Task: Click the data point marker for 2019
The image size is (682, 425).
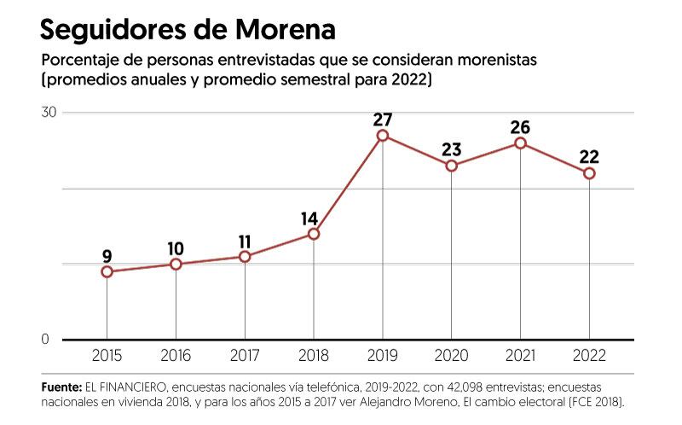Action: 383,136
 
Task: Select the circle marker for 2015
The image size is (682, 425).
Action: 107,271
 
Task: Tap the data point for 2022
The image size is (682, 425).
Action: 589,173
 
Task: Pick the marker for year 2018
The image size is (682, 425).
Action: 314,234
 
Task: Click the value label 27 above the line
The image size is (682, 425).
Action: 383,119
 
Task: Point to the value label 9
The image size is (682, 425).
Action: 107,254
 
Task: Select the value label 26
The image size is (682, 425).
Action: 520,127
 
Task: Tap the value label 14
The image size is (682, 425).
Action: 309,218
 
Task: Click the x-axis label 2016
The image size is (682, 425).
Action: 176,356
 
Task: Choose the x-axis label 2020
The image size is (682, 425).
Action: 451,356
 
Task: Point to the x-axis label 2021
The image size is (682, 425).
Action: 520,356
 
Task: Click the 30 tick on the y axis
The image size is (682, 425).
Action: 49,113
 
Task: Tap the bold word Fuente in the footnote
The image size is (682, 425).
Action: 61,387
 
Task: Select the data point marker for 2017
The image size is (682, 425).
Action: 245,257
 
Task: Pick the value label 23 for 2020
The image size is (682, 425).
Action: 451,149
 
